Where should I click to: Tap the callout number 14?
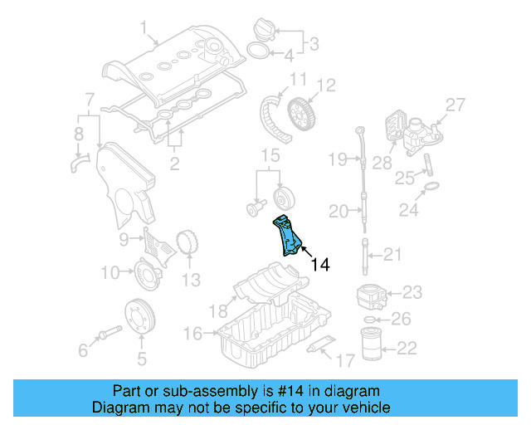point(320,265)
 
